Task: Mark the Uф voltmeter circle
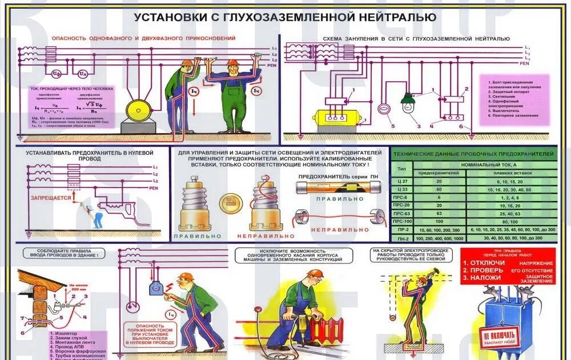coord(56,74)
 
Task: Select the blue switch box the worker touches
coord(156,288)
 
